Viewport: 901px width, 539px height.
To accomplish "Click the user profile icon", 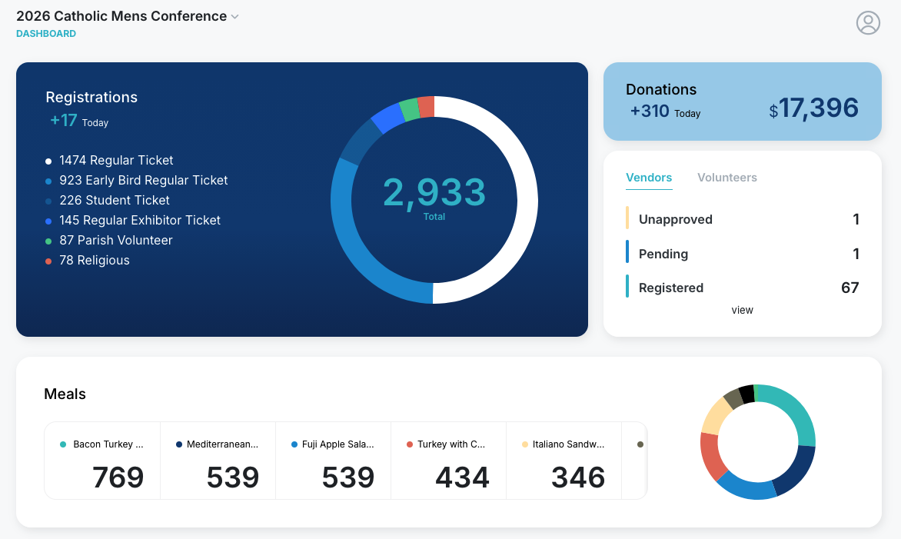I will [x=868, y=23].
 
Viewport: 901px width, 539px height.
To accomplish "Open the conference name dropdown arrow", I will [x=235, y=17].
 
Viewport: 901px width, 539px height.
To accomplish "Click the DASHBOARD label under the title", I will [x=46, y=34].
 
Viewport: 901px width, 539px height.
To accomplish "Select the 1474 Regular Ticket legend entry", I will [x=115, y=161].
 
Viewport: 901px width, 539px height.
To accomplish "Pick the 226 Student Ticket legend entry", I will [x=114, y=201].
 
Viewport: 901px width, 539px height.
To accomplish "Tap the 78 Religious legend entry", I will [x=94, y=261].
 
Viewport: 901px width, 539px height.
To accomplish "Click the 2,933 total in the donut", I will [x=434, y=193].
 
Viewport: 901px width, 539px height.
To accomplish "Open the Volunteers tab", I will [x=727, y=178].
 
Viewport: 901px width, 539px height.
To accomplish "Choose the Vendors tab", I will [x=649, y=178].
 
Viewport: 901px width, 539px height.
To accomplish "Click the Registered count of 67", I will [x=849, y=288].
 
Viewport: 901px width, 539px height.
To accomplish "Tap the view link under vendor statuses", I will [x=743, y=311].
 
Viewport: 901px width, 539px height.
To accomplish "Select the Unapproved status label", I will [x=675, y=220].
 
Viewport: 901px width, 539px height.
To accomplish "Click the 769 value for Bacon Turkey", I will [x=118, y=477].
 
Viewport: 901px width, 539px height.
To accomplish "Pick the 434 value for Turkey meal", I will [x=463, y=477].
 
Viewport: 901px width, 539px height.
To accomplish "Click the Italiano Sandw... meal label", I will [x=568, y=444].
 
